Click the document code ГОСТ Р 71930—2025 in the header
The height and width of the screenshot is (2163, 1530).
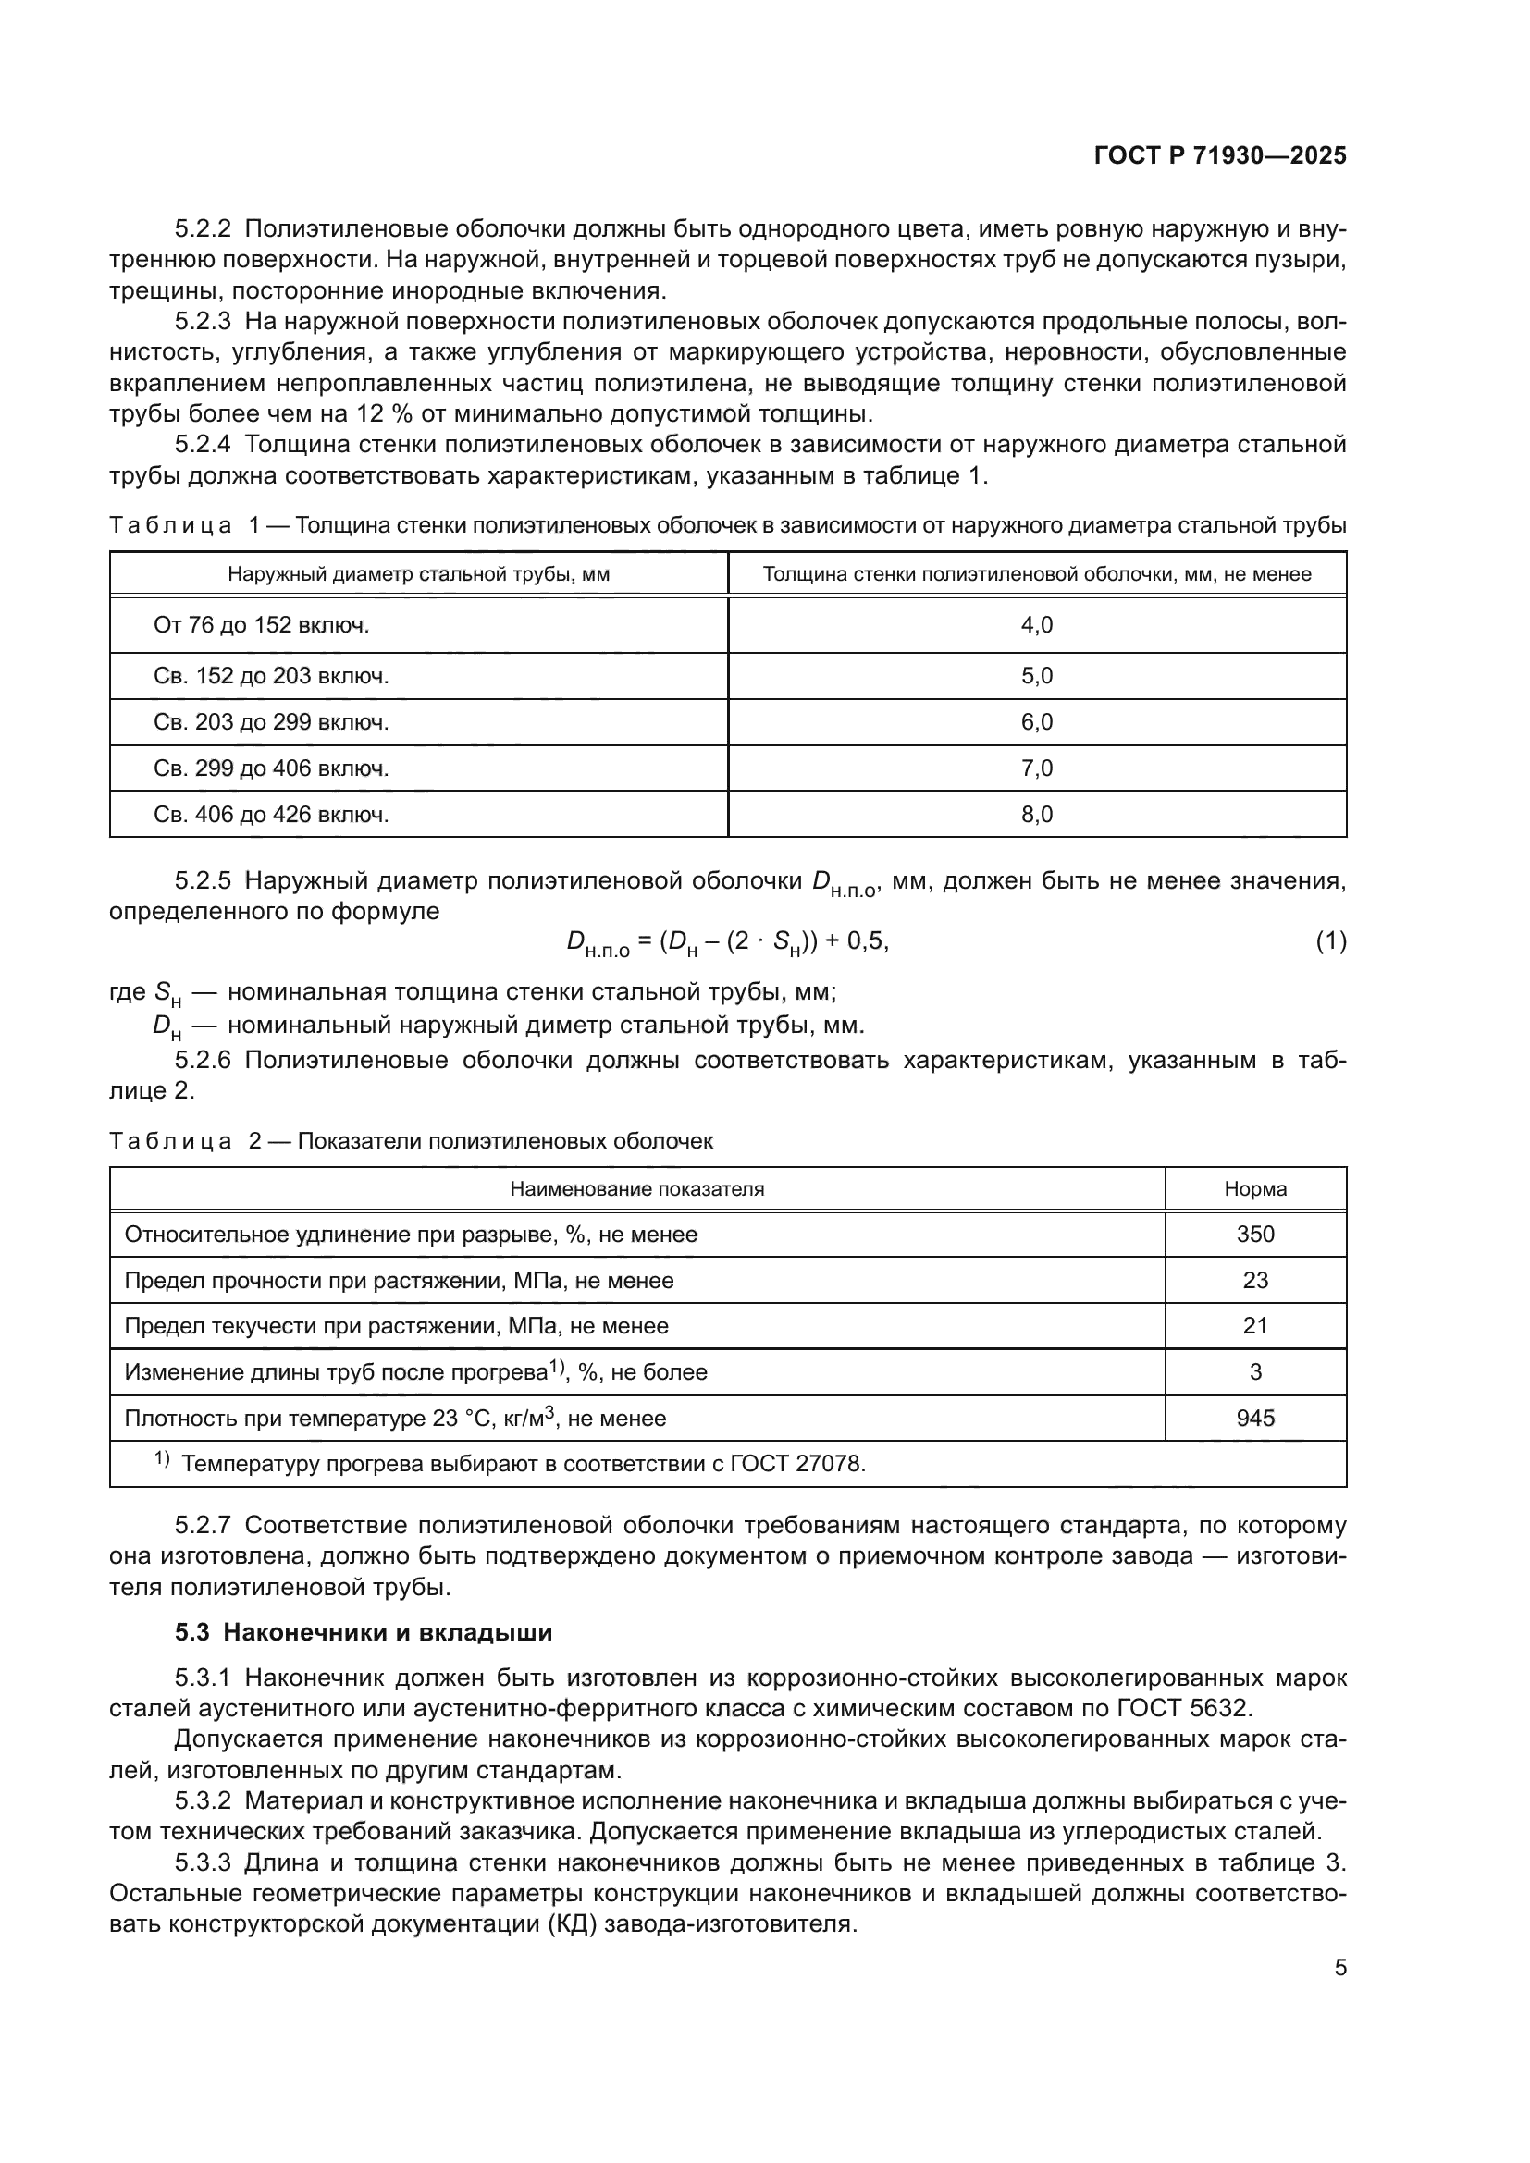point(1220,156)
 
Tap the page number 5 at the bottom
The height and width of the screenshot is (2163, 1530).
point(1339,1967)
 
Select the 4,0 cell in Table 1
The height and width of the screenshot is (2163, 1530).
point(1036,625)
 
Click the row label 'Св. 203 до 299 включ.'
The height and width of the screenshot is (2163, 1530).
point(270,722)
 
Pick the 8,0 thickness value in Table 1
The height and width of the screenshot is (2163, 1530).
point(1036,815)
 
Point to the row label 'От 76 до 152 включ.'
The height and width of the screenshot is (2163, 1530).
point(261,625)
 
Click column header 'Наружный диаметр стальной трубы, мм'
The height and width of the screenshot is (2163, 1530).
point(418,574)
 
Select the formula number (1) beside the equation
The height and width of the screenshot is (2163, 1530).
point(1330,940)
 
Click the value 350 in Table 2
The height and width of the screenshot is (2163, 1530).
point(1255,1235)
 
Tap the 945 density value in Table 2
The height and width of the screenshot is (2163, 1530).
point(1255,1418)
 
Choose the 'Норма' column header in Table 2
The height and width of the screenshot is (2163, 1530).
point(1255,1189)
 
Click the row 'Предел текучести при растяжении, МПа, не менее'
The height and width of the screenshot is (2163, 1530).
point(396,1326)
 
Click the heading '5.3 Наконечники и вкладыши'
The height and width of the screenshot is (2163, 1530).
point(364,1632)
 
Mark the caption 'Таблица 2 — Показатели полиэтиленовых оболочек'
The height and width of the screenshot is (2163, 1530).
point(411,1142)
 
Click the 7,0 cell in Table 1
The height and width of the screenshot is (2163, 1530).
point(1036,768)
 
